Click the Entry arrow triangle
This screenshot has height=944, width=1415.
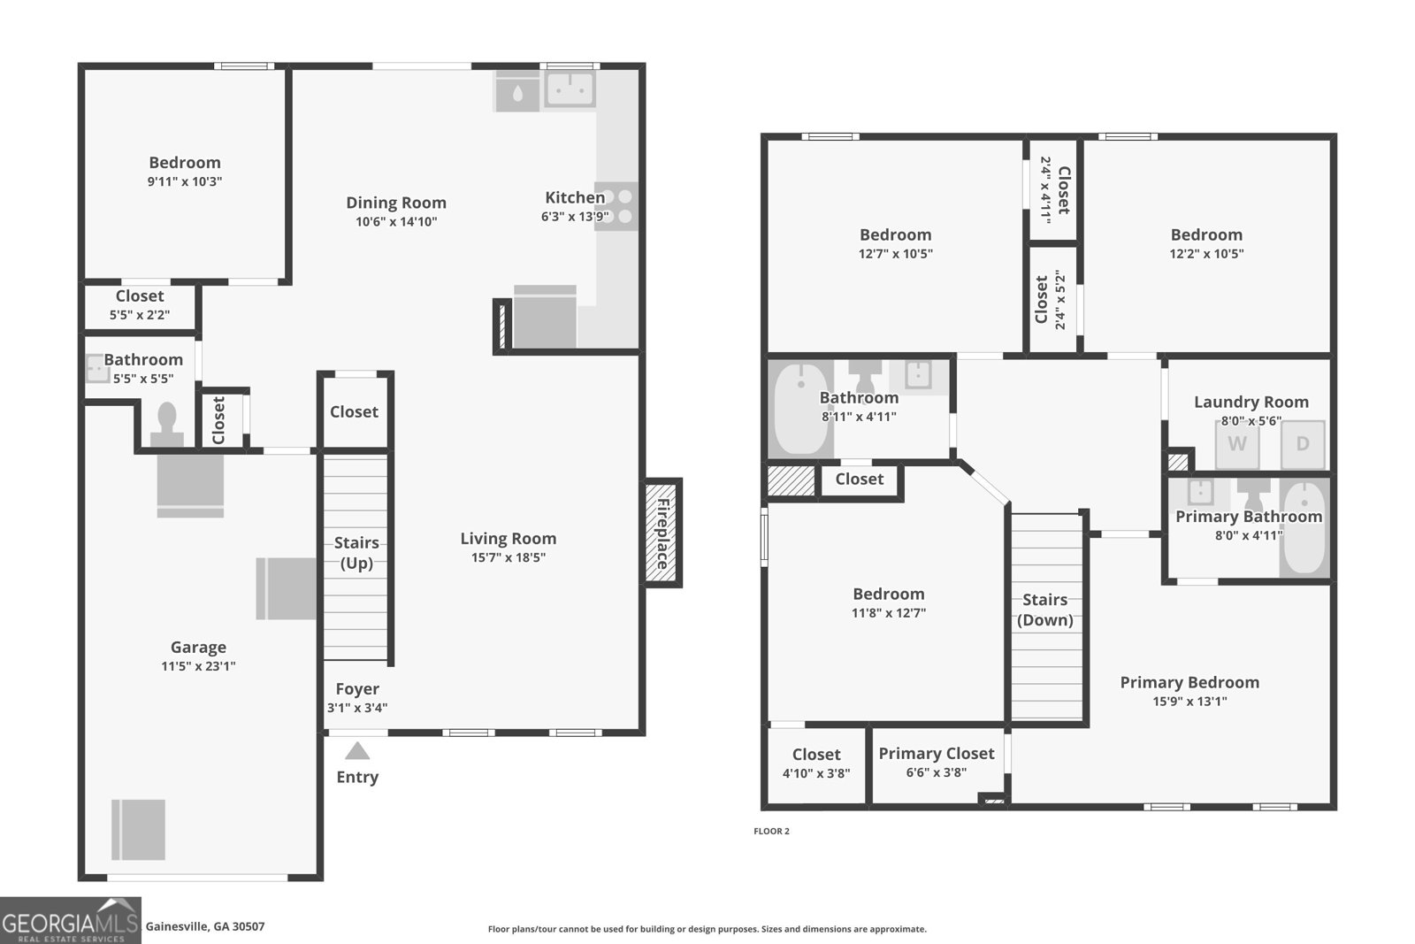coord(357,750)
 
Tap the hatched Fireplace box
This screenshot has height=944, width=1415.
coord(662,533)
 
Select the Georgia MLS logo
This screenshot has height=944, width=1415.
coord(70,920)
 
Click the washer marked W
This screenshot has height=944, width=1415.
coord(1237,443)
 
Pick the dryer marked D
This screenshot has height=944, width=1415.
coord(1303,443)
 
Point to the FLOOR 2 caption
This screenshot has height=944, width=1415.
coord(771,831)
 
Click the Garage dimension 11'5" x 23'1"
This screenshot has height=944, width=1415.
coord(198,665)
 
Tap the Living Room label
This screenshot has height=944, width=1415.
coord(509,538)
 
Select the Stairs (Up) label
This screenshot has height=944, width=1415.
coord(357,552)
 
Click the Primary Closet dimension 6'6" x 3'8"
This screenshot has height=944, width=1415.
coord(937,771)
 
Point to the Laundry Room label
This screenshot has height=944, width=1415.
coord(1251,402)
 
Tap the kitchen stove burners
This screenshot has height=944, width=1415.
coord(616,206)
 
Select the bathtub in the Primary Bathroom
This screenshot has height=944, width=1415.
coord(1305,527)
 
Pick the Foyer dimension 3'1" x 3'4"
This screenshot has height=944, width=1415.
coord(357,707)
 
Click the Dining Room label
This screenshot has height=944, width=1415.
coord(396,203)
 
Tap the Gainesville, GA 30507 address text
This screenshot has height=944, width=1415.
coord(205,926)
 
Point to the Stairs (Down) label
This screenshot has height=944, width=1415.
coord(1044,610)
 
